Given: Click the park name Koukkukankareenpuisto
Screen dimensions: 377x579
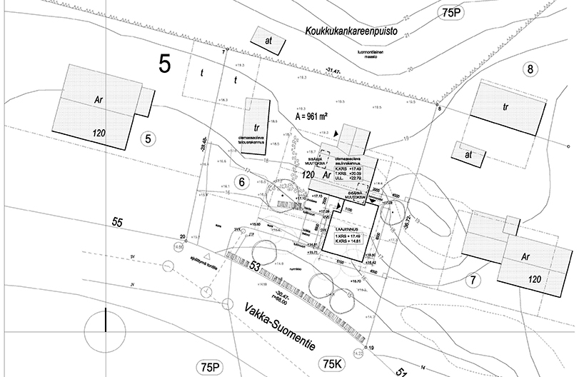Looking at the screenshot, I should pos(349,31).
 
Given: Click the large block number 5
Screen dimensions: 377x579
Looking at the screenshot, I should pos(165,64).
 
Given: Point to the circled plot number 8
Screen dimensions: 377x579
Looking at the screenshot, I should pos(529,69).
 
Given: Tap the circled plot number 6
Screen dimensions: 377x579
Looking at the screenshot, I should pos(242,183).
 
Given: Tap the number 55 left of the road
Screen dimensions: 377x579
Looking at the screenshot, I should pos(116,223).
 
